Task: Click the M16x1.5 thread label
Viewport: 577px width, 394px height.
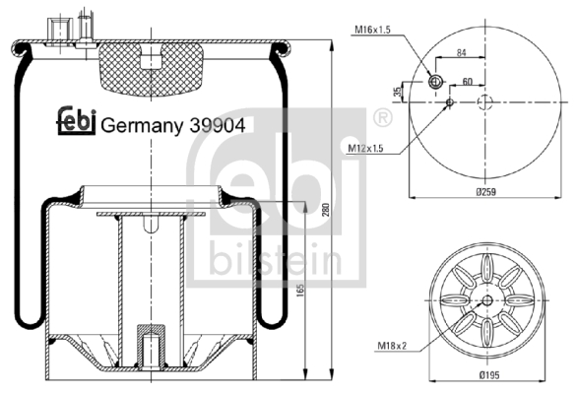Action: [372, 30]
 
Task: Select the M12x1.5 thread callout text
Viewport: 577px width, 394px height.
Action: [365, 148]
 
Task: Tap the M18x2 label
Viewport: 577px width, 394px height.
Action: [392, 346]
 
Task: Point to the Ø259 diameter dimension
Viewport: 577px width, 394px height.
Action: [485, 192]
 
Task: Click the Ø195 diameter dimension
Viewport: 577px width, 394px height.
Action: [489, 375]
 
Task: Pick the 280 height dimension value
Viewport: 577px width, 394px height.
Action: [326, 210]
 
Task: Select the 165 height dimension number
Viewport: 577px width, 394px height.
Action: [300, 291]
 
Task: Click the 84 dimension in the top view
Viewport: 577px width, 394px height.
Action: [462, 53]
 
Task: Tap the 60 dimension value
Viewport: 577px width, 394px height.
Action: [467, 82]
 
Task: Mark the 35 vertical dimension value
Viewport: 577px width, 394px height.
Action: [398, 92]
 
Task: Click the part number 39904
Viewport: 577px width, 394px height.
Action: [217, 126]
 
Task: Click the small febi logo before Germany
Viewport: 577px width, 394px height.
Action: [76, 120]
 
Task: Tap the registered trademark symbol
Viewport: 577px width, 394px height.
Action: [383, 118]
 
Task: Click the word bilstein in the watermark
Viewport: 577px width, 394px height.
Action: [276, 258]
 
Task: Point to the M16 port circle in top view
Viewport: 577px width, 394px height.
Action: [435, 82]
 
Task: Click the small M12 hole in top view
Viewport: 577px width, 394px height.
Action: [450, 101]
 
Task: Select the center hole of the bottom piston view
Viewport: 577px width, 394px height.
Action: [487, 300]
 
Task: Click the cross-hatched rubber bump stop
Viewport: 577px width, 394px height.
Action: [151, 69]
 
